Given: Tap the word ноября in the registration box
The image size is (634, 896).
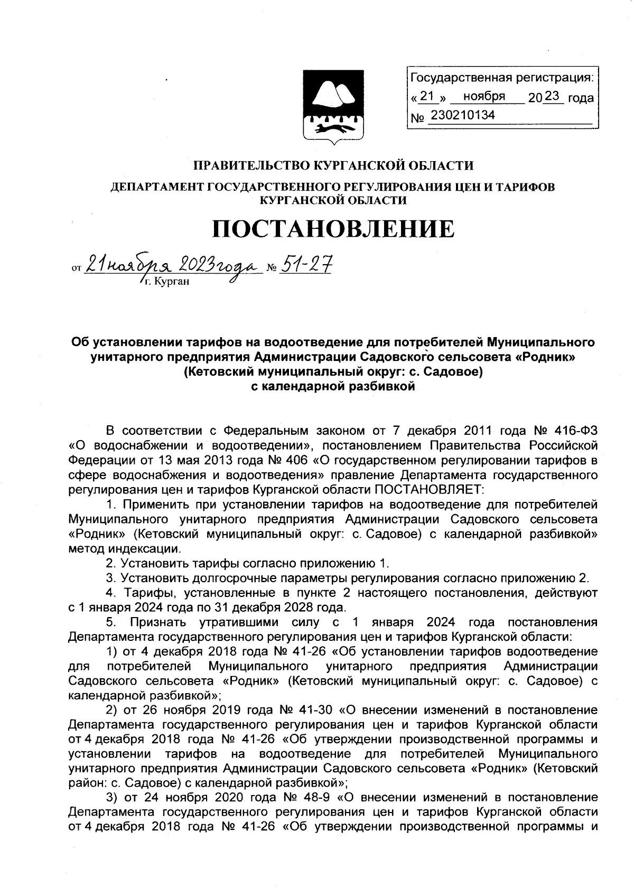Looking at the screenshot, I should [x=484, y=97].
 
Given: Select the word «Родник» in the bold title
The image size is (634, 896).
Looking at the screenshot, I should [x=544, y=357].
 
